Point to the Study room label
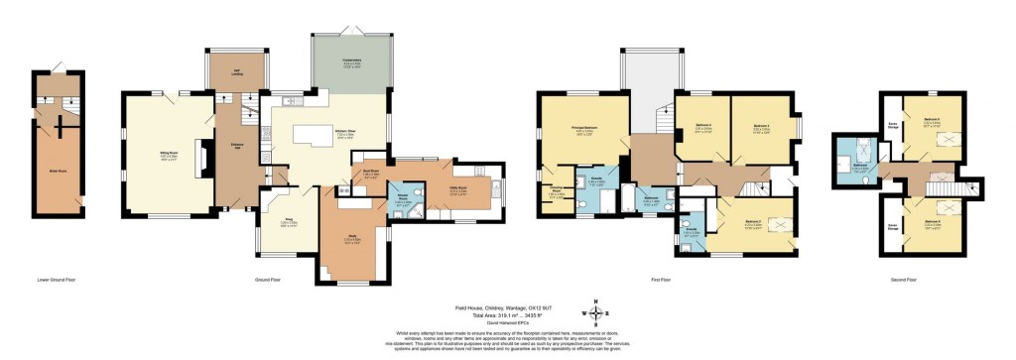(x=352, y=239)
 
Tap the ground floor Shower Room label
(x=403, y=204)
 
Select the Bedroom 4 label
(x=759, y=128)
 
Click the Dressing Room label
(x=558, y=193)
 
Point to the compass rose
(x=595, y=314)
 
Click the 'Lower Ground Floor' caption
(x=57, y=281)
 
